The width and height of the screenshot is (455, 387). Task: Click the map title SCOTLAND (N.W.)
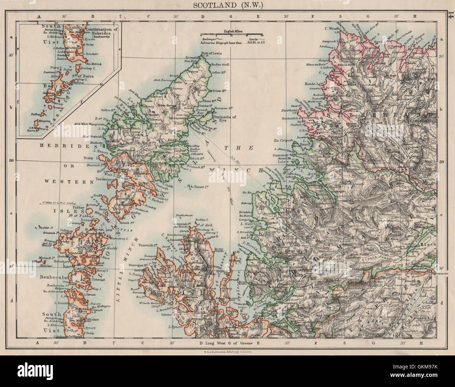228,5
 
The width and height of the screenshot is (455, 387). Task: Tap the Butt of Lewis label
211,53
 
